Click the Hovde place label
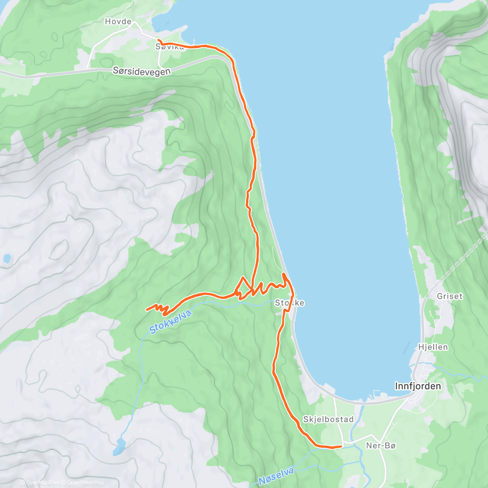tap(118, 22)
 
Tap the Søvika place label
tap(170, 47)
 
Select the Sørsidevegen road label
tap(142, 71)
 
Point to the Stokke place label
tap(290, 303)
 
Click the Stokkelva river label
tap(170, 321)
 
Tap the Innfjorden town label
tap(418, 386)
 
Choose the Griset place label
tap(450, 296)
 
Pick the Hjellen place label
tap(433, 347)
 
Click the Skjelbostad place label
tap(328, 419)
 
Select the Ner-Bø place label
tap(381, 446)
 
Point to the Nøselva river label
tap(276, 476)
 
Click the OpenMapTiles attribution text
tap(40, 483)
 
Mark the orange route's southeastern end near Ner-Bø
tap(341, 446)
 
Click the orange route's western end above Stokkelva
tap(146, 309)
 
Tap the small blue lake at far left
tap(7, 258)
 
